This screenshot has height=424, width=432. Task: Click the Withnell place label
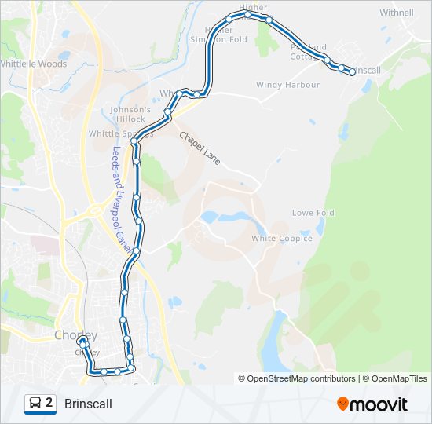click(396, 13)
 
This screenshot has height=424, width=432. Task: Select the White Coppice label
click(281, 239)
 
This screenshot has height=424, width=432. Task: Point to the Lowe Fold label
click(313, 213)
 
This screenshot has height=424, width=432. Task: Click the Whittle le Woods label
click(34, 64)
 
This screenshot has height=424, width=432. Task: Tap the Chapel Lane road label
click(200, 148)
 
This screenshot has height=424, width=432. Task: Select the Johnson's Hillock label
click(130, 115)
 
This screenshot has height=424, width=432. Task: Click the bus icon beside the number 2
click(35, 404)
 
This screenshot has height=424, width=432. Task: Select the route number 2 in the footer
click(49, 404)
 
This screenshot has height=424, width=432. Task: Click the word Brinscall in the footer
click(88, 404)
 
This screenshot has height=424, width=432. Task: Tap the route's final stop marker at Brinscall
click(351, 72)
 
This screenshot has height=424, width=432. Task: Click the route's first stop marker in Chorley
click(82, 342)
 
